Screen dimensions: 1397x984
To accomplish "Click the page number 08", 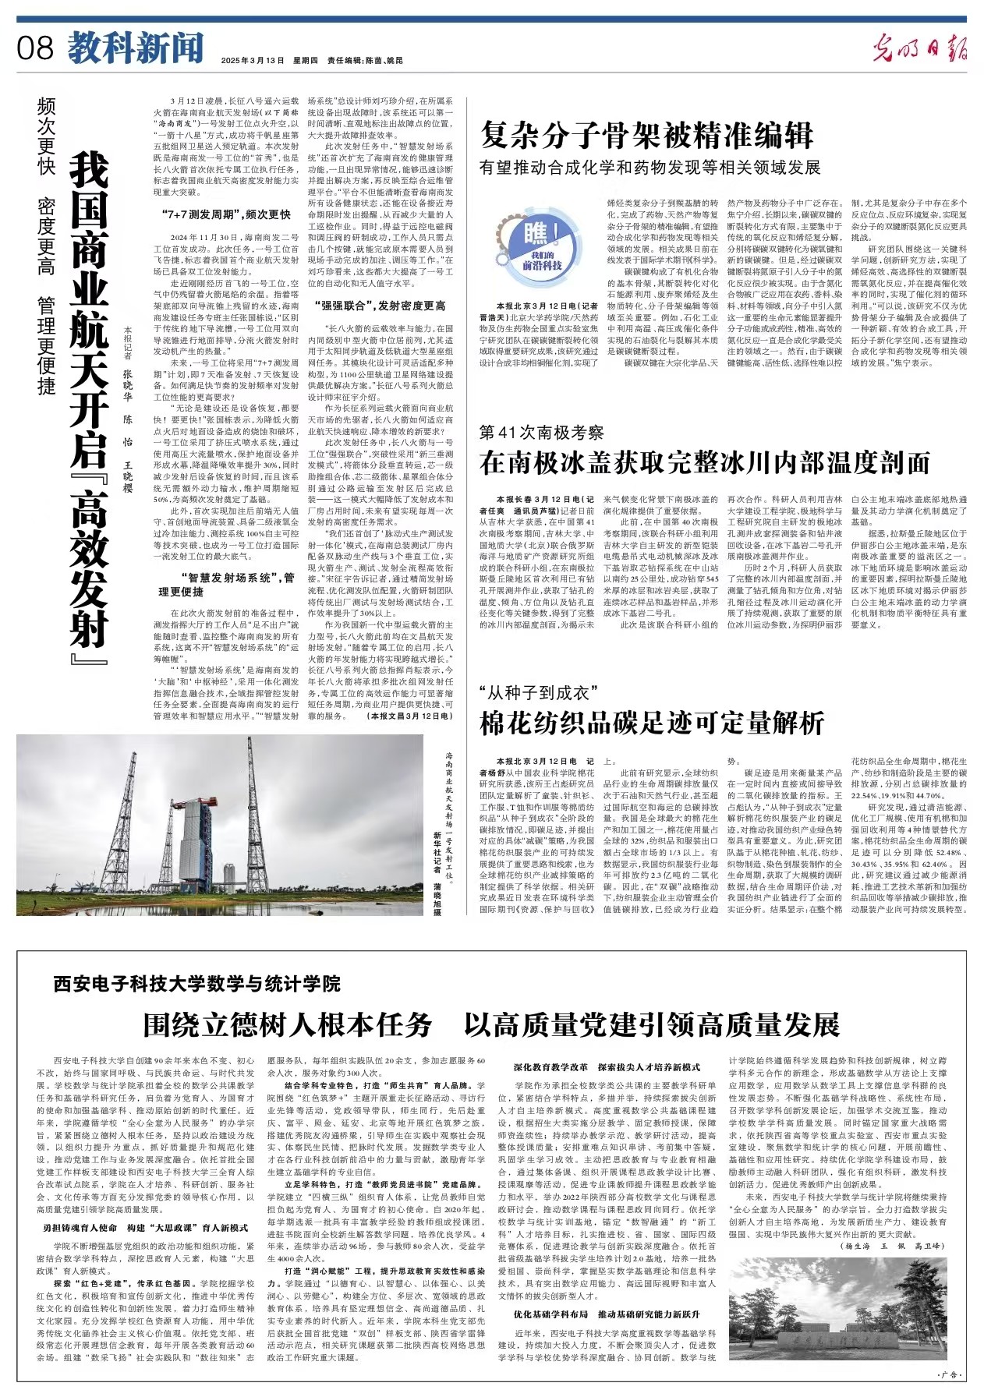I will click(x=35, y=48).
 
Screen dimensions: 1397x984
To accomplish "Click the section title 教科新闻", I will click(x=135, y=48).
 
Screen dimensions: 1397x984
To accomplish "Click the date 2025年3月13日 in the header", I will click(x=253, y=61).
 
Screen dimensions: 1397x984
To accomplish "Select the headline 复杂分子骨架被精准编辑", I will click(x=646, y=135).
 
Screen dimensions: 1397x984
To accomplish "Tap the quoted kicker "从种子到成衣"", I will click(x=537, y=692).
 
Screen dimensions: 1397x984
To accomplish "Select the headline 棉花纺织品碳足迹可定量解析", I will click(x=652, y=723).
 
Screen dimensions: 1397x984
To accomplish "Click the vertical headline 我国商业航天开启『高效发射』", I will click(x=88, y=398).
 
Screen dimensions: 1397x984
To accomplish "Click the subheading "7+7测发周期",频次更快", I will click(x=226, y=214).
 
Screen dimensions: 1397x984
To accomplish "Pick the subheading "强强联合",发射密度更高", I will click(x=380, y=306).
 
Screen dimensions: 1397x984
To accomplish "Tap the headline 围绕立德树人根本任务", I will click(x=287, y=1024).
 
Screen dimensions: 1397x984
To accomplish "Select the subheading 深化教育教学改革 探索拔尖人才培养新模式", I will click(x=606, y=1067).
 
